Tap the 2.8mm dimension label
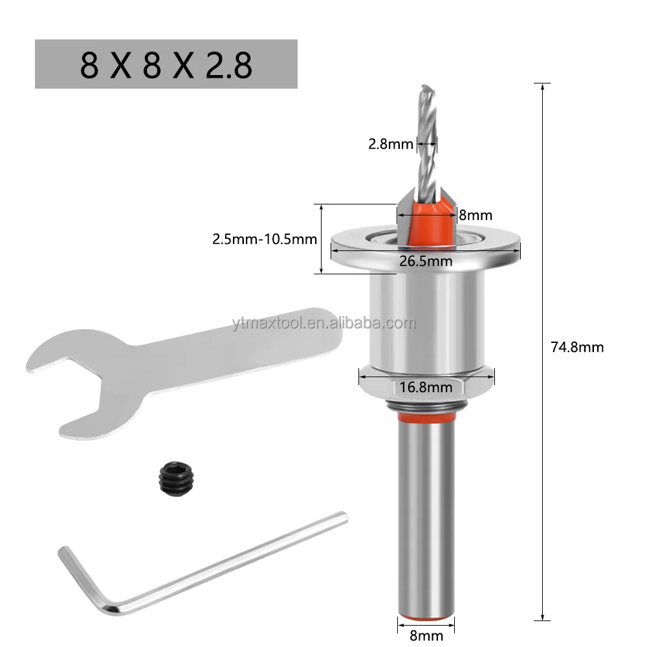click(390, 144)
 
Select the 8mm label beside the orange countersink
click(476, 215)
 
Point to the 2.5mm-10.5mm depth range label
click(265, 239)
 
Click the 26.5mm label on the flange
click(425, 261)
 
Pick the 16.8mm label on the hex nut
click(425, 388)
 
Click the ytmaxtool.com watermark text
click(323, 323)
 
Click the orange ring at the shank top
click(425, 420)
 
